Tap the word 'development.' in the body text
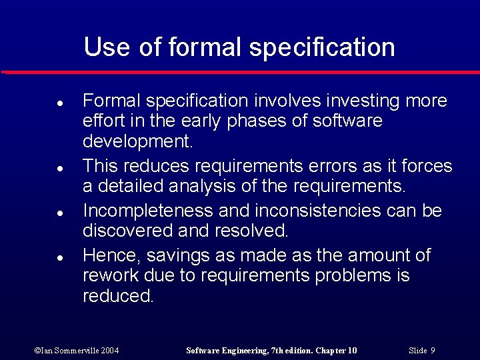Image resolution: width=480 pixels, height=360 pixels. tap(137, 142)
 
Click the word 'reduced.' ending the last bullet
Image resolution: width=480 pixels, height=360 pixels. tap(118, 296)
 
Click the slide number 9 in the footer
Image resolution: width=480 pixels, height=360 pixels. tap(433, 351)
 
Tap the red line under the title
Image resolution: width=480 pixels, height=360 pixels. tap(240, 71)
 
